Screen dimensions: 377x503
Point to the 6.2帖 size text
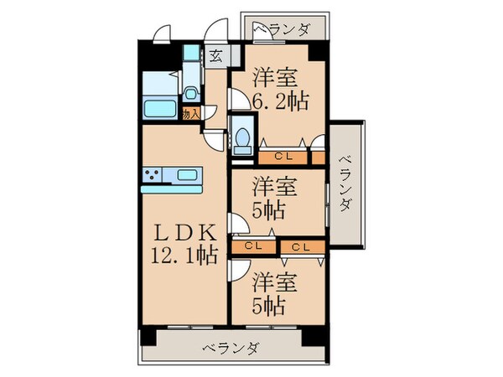coord(282,102)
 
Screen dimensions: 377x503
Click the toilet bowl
coord(241,138)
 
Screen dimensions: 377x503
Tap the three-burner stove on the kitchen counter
coord(153,175)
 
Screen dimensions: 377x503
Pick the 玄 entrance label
coord(215,58)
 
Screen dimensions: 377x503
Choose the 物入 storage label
coord(190,113)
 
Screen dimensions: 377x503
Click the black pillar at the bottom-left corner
coord(148,334)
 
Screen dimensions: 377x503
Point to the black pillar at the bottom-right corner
coord(315,334)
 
